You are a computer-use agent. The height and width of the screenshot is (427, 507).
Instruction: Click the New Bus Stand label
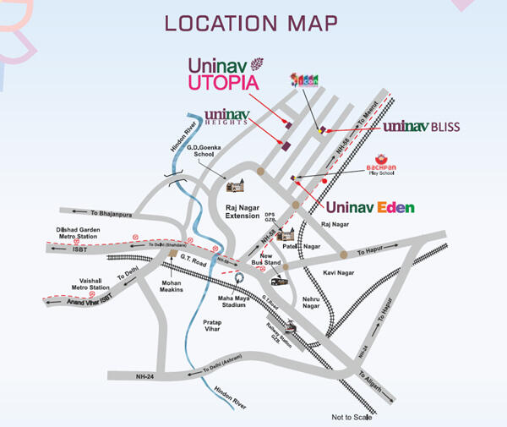point(270,260)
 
